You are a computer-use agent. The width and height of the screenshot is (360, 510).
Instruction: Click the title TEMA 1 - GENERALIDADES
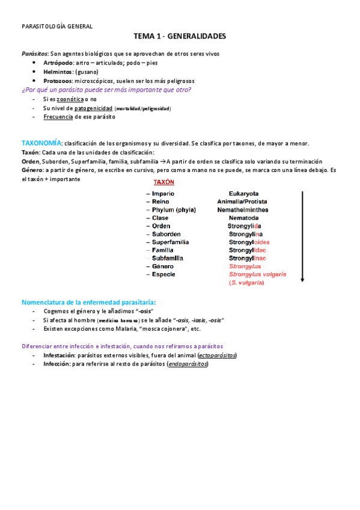point(180,37)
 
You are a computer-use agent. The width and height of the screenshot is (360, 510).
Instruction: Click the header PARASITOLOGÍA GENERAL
point(57,26)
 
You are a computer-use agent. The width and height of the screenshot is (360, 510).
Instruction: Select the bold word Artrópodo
point(58,63)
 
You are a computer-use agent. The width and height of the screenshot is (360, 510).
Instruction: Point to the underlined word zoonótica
point(69,99)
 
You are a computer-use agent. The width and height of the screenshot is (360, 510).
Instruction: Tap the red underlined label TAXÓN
point(163,182)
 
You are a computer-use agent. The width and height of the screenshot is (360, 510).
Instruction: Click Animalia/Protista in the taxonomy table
point(242,201)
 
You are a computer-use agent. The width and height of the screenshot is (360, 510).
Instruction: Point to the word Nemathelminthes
point(243,210)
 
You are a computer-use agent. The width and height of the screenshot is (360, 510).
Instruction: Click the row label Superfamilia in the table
point(170,242)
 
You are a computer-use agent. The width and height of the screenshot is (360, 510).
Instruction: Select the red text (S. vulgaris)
point(246,283)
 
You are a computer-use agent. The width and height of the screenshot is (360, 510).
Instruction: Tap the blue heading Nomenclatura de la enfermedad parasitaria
point(88,301)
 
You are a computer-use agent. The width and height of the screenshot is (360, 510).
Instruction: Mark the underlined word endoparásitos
point(188,364)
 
